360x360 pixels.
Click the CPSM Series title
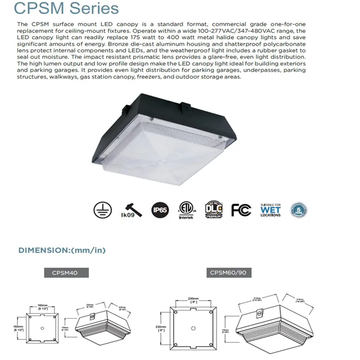pos(66,9)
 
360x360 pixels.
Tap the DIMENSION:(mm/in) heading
pos(62,250)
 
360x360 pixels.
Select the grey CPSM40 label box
pos(66,273)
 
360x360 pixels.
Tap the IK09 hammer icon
pos(131,209)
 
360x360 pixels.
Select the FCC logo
pos(241,210)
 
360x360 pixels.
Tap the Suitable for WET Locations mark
pos(270,210)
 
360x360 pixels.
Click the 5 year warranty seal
pos(298,210)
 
